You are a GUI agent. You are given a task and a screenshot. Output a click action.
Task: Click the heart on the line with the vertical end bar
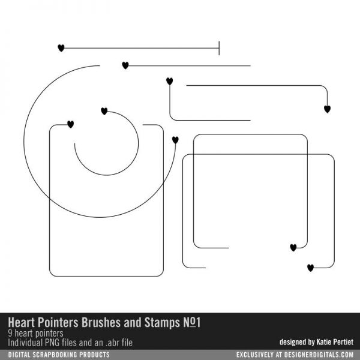click(61, 48)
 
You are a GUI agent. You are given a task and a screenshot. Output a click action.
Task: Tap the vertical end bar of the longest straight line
click(219, 48)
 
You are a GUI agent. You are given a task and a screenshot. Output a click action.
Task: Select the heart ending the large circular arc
click(175, 140)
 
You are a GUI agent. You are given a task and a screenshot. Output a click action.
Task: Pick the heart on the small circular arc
click(104, 111)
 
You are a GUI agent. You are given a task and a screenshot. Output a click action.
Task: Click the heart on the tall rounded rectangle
click(70, 124)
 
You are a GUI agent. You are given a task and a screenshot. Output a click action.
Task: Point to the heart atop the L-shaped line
click(169, 81)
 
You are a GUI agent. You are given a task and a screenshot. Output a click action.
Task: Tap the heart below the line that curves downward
click(327, 109)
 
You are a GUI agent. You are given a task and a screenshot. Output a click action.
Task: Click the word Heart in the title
click(22, 322)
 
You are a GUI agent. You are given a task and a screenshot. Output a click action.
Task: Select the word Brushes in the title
click(101, 322)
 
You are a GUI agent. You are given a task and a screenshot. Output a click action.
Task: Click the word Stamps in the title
click(162, 323)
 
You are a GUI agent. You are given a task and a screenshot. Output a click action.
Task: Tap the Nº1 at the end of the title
click(192, 322)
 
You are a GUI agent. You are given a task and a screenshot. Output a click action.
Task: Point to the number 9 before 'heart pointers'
click(10, 333)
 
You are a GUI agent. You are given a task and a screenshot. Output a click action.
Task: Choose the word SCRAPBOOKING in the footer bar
click(60, 355)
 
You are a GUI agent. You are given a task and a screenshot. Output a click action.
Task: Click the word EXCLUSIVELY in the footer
click(256, 355)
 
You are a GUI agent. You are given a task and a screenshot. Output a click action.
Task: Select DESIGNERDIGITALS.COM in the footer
click(319, 355)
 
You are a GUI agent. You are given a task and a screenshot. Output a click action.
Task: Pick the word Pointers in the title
click(58, 322)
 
